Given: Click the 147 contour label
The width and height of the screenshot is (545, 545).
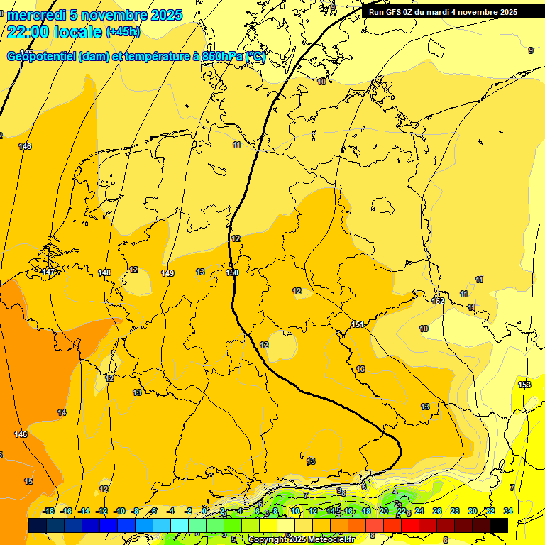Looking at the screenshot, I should [x=48, y=272].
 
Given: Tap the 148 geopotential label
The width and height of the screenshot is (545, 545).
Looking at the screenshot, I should [x=105, y=272].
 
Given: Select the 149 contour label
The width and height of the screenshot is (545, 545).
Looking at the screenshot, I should [x=167, y=273].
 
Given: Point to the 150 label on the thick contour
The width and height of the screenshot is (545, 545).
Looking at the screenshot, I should [x=232, y=272].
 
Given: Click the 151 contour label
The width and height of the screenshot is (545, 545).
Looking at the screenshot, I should [x=358, y=324].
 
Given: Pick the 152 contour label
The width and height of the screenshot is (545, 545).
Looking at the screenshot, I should [x=438, y=301].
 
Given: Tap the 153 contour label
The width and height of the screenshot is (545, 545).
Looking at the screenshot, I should [x=524, y=385].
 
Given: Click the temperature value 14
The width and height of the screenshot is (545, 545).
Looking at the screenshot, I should [x=62, y=412].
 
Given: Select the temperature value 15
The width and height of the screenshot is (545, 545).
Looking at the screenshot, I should [x=28, y=481].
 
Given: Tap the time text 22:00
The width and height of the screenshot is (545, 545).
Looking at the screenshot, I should [x=29, y=31].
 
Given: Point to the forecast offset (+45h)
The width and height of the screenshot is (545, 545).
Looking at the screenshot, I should [x=123, y=32].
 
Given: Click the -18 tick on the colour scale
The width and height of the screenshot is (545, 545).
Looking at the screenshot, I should [x=48, y=511].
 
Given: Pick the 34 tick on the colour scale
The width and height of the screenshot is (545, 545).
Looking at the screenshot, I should [x=507, y=511].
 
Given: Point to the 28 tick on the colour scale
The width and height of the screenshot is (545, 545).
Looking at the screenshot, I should [x=455, y=511].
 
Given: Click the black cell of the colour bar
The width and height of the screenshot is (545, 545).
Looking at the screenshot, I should [x=499, y=525].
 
